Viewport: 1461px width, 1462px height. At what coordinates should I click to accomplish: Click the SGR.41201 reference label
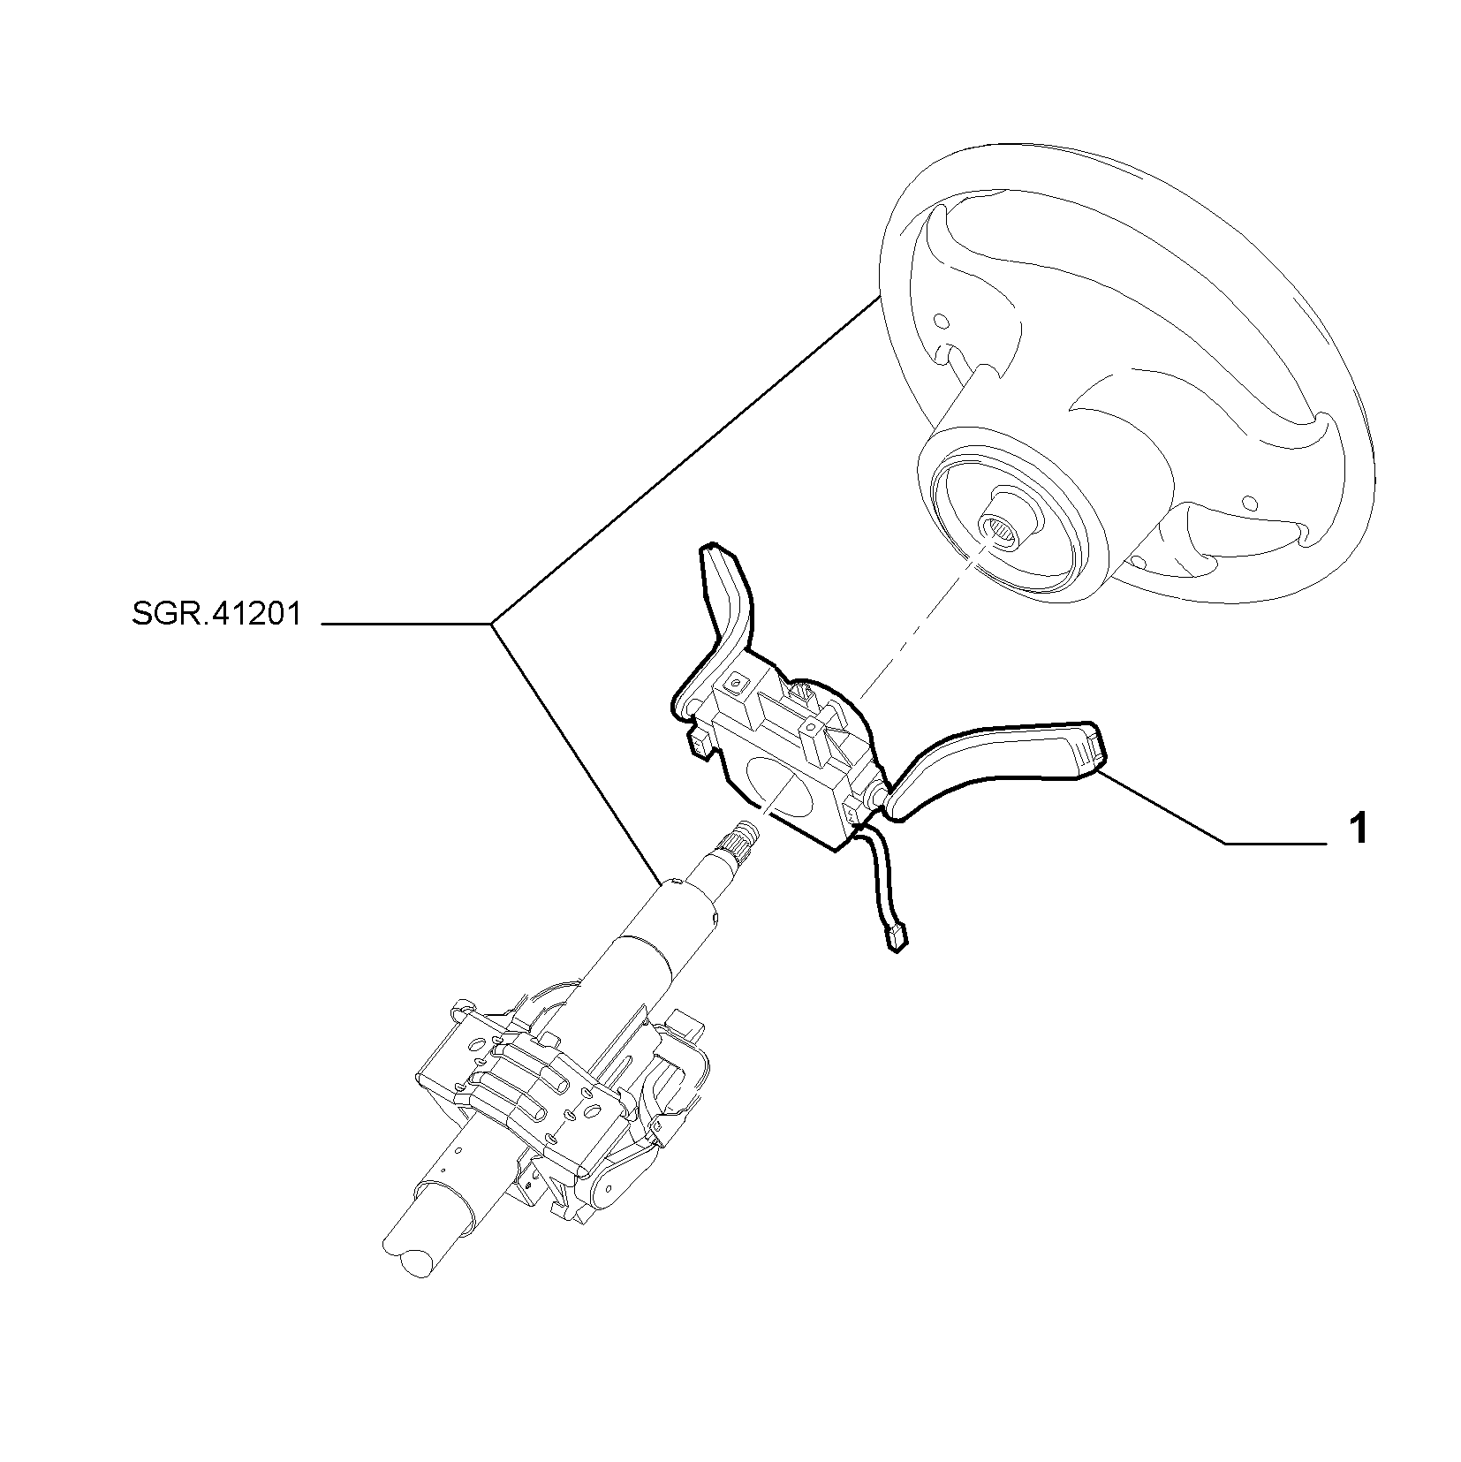pyautogui.click(x=216, y=614)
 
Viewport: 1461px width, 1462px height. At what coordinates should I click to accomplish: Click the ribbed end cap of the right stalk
pyautogui.click(x=1088, y=752)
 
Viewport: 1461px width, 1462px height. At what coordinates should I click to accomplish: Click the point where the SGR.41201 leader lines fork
pyautogui.click(x=492, y=625)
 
